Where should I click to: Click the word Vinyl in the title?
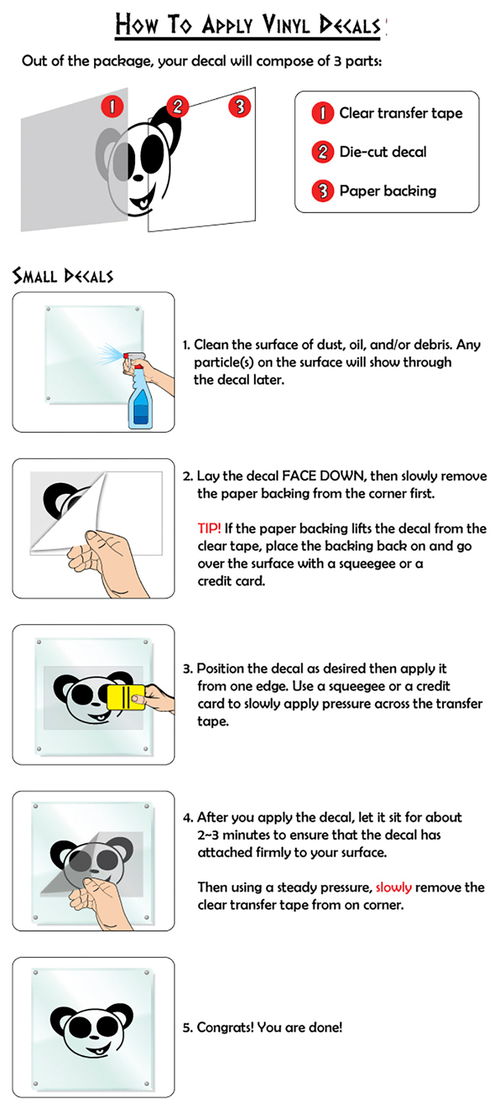click(x=286, y=25)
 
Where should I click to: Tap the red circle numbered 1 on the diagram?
click(x=112, y=107)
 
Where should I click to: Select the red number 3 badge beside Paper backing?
click(x=323, y=191)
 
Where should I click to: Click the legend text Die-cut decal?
click(x=383, y=152)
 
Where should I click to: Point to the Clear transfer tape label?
click(x=401, y=113)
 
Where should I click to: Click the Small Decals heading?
click(x=63, y=276)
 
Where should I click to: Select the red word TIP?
click(x=209, y=528)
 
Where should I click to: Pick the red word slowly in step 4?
click(x=393, y=887)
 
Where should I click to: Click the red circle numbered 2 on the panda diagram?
click(x=177, y=107)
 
